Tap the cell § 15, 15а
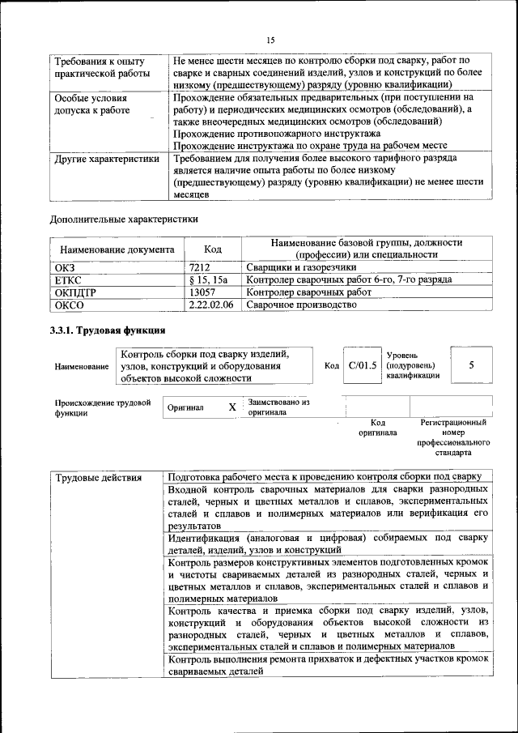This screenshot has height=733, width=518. (208, 279)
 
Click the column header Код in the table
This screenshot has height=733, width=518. (212, 250)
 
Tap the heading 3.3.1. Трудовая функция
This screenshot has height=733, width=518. (108, 330)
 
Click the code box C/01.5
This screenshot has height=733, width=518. (362, 365)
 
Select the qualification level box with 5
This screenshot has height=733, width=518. (471, 365)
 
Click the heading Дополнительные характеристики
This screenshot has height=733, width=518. (124, 219)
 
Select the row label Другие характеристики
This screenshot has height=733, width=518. (106, 160)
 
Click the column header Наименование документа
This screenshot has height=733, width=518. (116, 250)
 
